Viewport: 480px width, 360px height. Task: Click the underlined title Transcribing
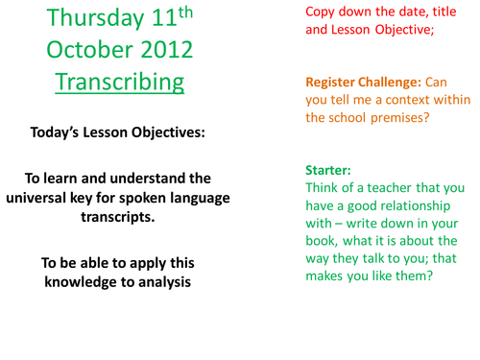click(x=118, y=82)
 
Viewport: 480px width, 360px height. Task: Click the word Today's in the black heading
click(x=71, y=132)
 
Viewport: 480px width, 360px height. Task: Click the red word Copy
click(x=324, y=12)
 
